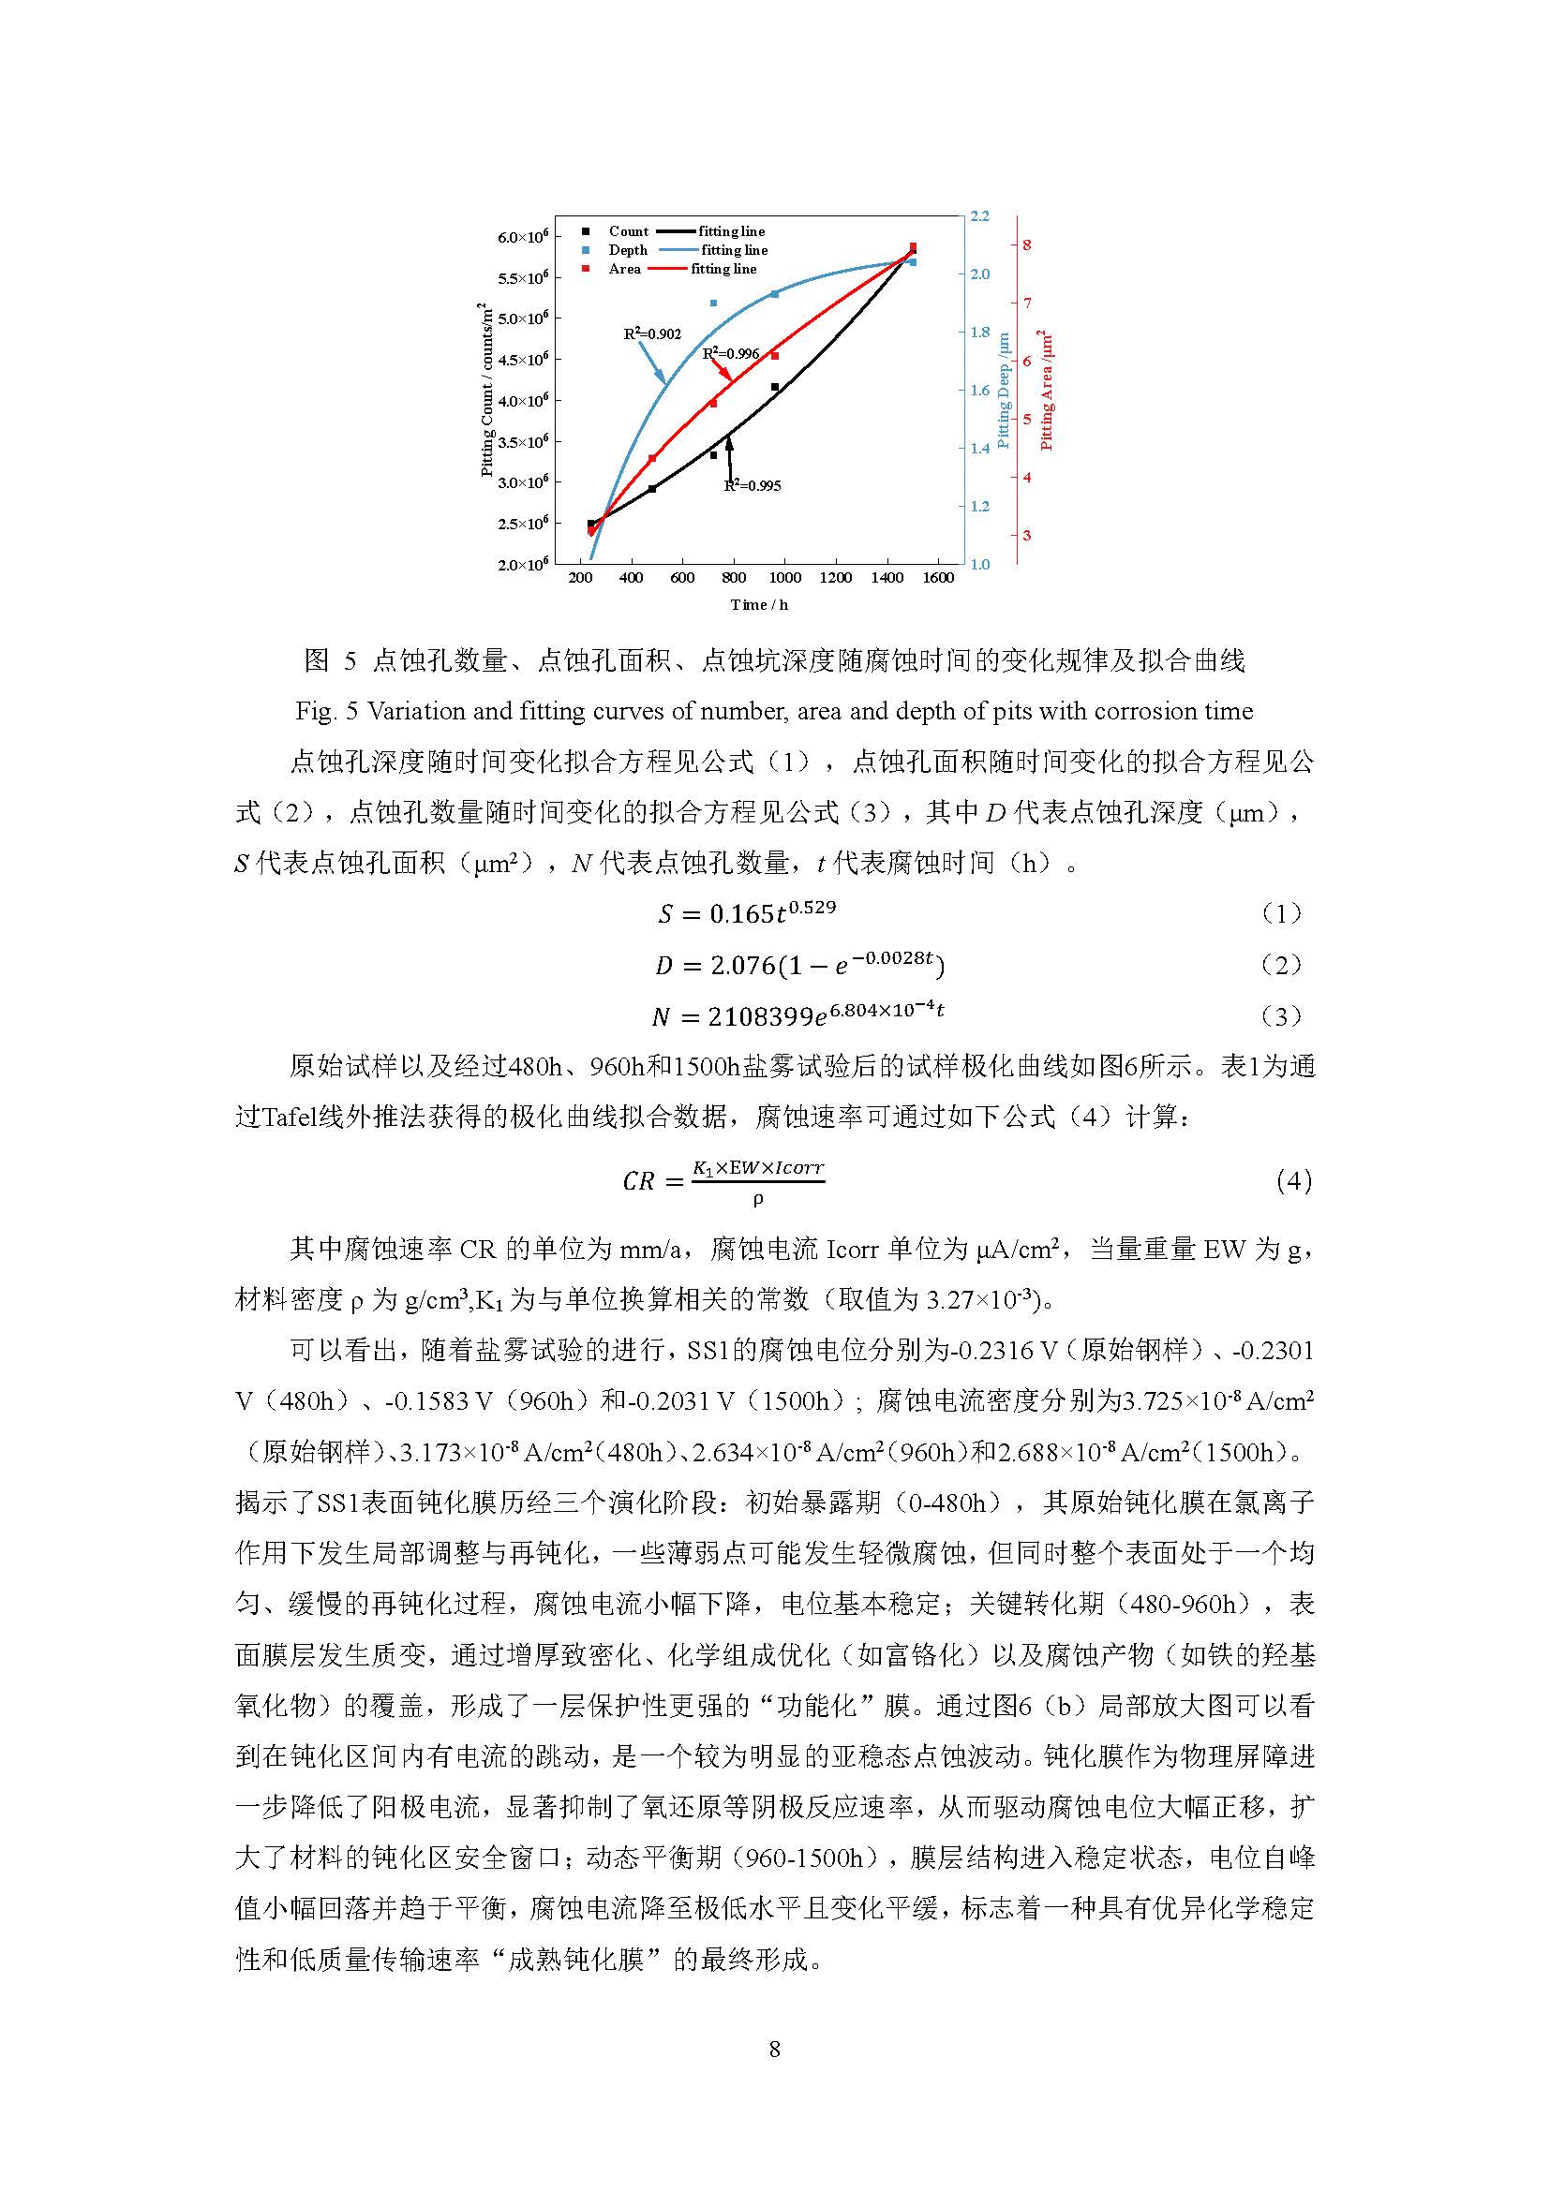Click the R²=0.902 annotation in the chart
652,334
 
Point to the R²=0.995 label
753,486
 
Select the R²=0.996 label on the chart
731,354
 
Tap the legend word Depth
627,250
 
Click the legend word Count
628,231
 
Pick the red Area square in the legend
585,269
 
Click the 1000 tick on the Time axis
784,578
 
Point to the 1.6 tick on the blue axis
979,391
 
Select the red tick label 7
1027,303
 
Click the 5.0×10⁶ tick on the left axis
522,318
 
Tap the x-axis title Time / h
759,604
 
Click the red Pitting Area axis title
1047,392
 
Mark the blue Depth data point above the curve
713,303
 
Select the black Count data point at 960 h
775,387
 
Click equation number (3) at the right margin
1281,1016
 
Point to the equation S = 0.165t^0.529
746,912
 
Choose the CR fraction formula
723,1181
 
